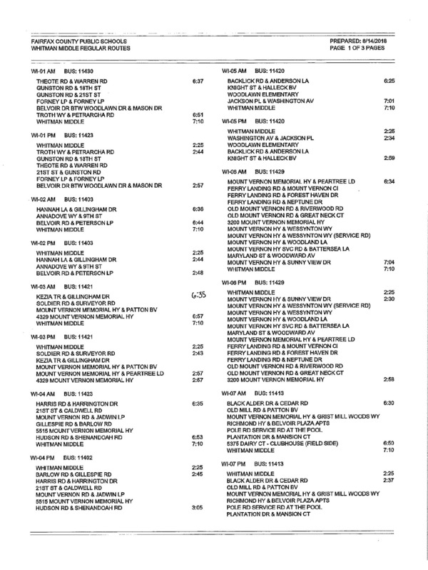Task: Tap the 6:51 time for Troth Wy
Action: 198,114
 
